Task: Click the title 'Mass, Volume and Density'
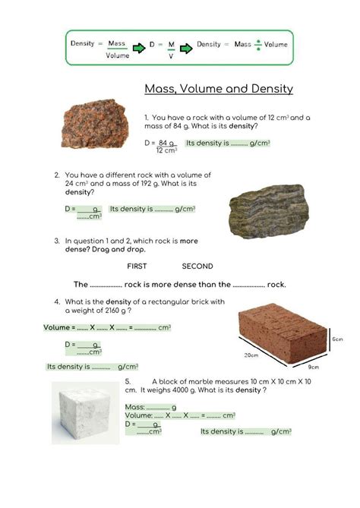pyautogui.click(x=219, y=89)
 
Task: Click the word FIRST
pyautogui.click(x=137, y=267)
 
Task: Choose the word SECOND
pyautogui.click(x=197, y=267)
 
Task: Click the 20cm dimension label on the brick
pyautogui.click(x=251, y=355)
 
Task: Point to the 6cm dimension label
pyautogui.click(x=337, y=339)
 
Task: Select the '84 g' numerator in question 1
pyautogui.click(x=166, y=143)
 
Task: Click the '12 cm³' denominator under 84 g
pyautogui.click(x=166, y=150)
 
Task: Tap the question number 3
pyautogui.click(x=57, y=241)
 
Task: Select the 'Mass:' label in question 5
pyautogui.click(x=134, y=407)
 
